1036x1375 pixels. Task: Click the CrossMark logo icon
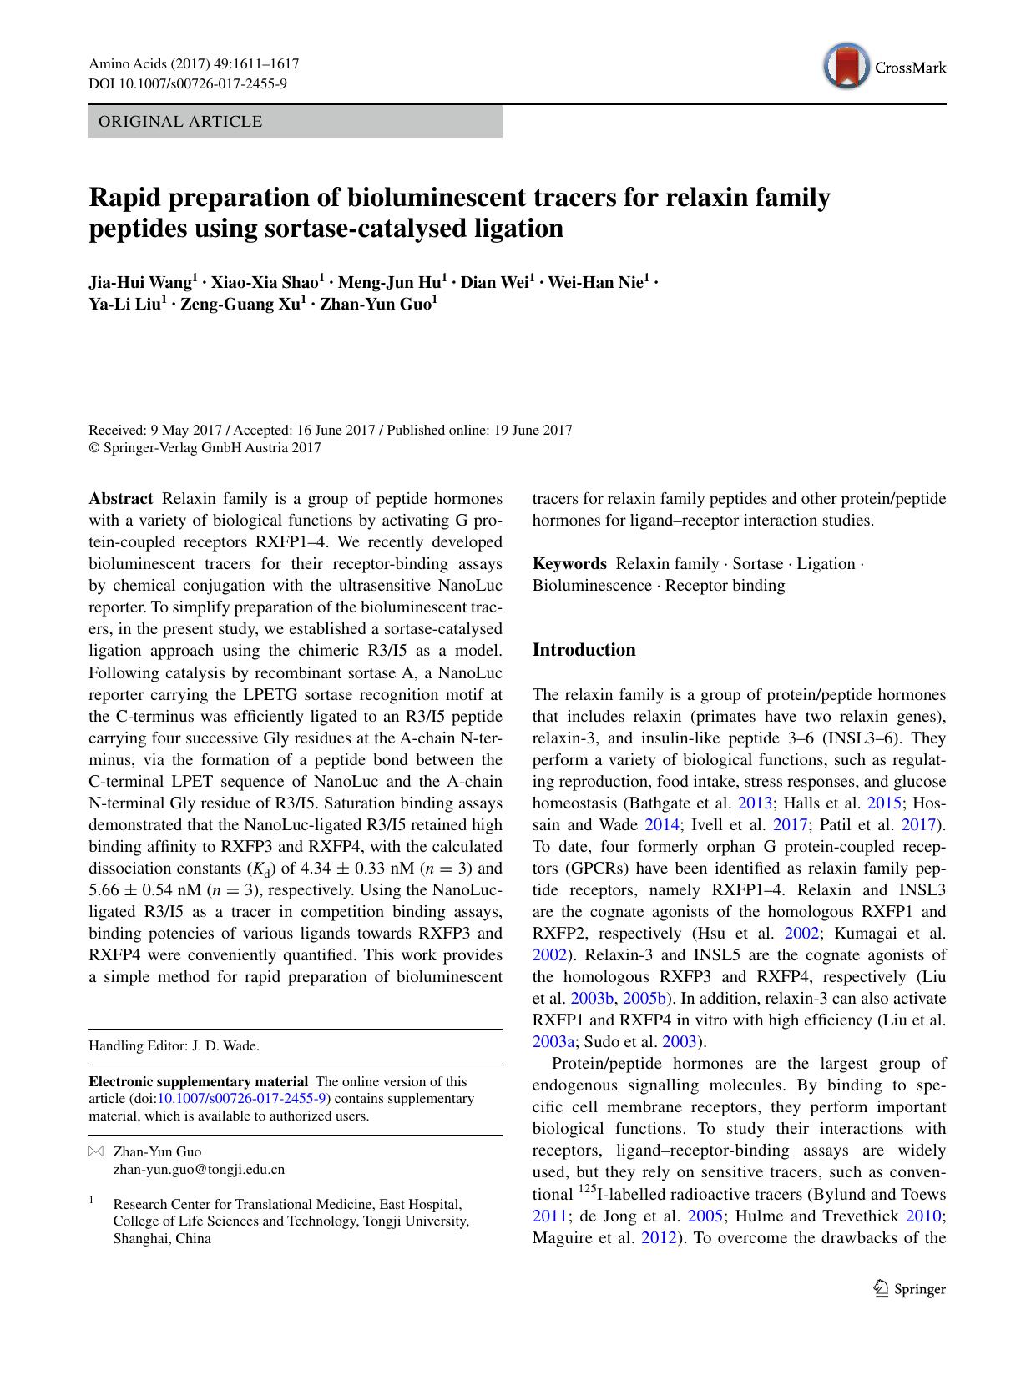[846, 68]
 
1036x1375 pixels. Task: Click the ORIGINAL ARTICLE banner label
[180, 122]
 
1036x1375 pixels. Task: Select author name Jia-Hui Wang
[140, 282]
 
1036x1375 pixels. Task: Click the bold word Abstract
[121, 499]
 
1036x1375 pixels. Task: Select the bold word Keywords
[569, 564]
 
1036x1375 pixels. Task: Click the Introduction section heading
[584, 650]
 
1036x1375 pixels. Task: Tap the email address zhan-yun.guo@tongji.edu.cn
[199, 1169]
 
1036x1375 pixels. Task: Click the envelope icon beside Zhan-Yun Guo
[96, 1152]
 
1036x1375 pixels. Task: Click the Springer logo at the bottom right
[909, 1289]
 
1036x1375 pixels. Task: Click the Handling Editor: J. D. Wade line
[174, 1045]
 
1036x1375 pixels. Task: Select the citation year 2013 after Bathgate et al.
[755, 803]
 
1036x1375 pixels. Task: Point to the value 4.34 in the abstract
[321, 869]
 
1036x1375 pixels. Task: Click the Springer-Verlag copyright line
[205, 448]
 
